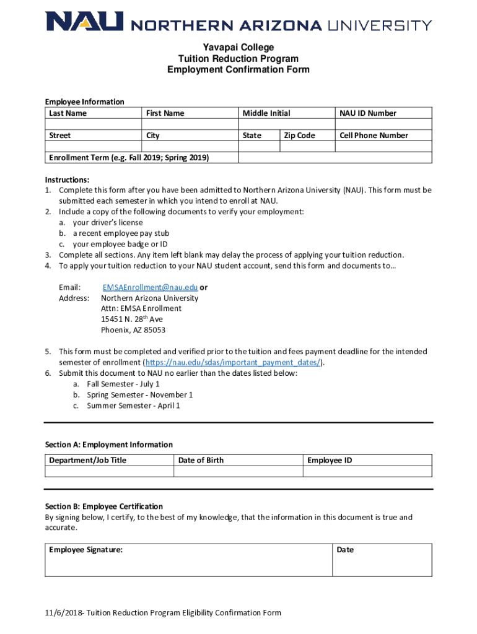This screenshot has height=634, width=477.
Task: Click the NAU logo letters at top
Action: (84, 23)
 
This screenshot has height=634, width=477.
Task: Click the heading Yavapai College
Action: (239, 48)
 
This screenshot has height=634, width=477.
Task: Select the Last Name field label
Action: (68, 113)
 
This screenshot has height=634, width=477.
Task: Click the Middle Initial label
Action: (266, 113)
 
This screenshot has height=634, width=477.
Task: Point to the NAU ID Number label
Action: (368, 113)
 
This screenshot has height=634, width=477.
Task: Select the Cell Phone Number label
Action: (374, 136)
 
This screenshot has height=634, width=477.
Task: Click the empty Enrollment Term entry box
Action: (335, 158)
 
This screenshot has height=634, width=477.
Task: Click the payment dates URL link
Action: (233, 363)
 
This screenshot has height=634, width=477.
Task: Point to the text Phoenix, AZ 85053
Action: (133, 330)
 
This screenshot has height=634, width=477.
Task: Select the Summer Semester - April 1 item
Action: (133, 406)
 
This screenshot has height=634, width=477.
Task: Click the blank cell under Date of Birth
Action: (238, 472)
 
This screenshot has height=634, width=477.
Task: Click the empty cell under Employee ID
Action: (367, 472)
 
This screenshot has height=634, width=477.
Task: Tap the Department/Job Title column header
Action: (87, 461)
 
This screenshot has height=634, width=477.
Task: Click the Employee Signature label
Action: (85, 550)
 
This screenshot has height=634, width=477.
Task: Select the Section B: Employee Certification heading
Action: (104, 506)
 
